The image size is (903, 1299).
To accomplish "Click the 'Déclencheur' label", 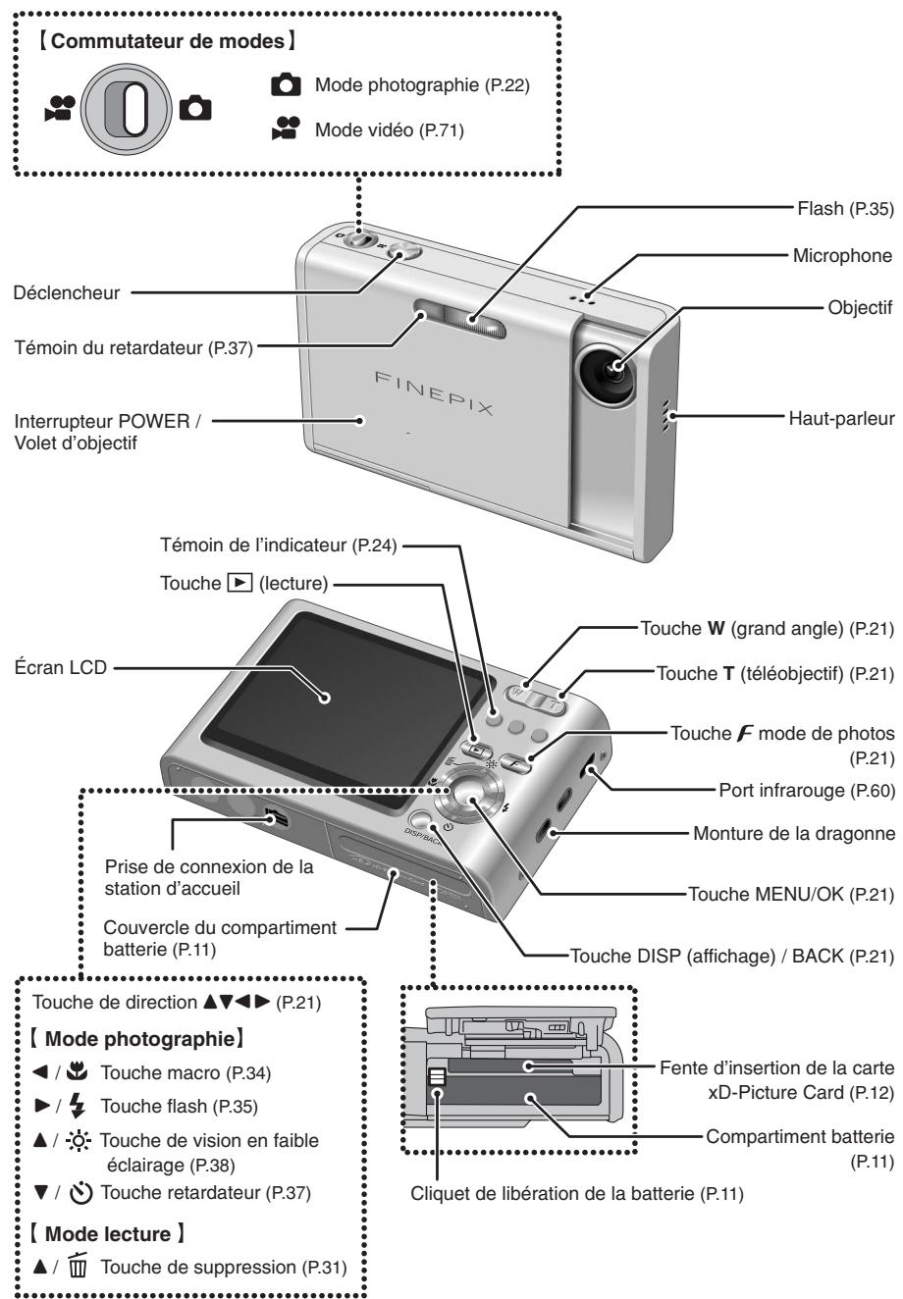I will click(x=61, y=291).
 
